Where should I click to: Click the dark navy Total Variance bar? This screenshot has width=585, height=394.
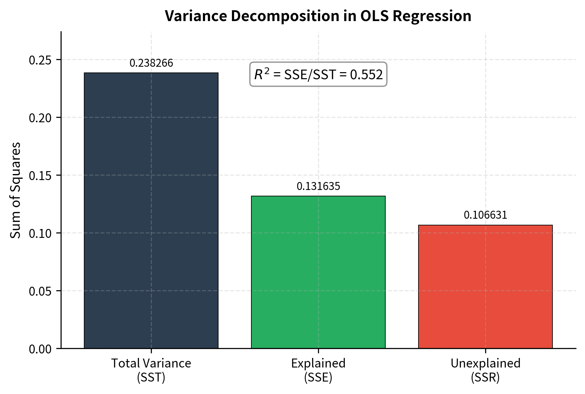(151, 210)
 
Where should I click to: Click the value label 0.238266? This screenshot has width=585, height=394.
(151, 63)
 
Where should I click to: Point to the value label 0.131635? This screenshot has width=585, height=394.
(318, 186)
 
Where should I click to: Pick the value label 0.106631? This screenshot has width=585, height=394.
(485, 215)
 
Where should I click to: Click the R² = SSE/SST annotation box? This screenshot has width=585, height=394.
(318, 74)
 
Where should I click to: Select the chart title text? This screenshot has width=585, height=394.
(318, 16)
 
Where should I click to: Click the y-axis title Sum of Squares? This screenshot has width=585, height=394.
(15, 190)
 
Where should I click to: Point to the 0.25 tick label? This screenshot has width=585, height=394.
(40, 60)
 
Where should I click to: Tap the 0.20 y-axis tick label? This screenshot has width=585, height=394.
(40, 118)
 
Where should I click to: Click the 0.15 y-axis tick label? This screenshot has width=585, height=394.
(40, 176)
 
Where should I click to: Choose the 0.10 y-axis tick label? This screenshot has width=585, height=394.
(40, 233)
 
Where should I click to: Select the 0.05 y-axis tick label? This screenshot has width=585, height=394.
(40, 291)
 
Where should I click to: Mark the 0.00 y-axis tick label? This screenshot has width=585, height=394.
(40, 349)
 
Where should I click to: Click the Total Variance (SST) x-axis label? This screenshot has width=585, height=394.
(151, 370)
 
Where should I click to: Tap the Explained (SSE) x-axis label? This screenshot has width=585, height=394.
(318, 370)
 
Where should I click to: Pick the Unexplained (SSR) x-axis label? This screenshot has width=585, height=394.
(485, 370)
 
